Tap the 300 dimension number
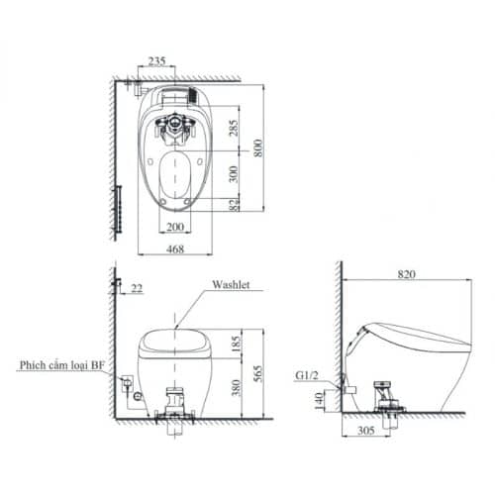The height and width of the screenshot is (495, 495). pyautogui.click(x=234, y=175)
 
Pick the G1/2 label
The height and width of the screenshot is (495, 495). pyautogui.click(x=309, y=376)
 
